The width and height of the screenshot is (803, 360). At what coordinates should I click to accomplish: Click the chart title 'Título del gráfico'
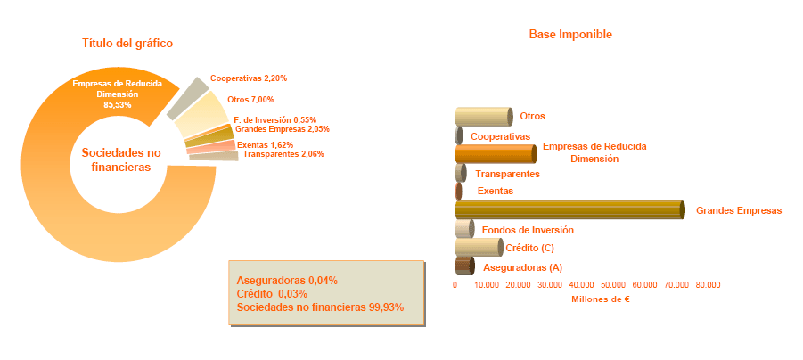tap(127, 43)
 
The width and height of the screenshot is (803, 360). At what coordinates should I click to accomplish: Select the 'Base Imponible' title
tap(570, 35)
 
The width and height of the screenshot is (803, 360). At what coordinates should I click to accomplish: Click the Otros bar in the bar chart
tap(483, 116)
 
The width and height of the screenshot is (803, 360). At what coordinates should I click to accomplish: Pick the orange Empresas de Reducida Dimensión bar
tap(495, 152)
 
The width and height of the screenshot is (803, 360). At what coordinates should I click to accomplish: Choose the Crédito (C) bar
tap(478, 247)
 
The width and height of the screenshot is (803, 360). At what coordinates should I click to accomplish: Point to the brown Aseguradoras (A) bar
tap(463, 266)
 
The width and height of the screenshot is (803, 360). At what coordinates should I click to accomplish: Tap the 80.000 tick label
tap(708, 285)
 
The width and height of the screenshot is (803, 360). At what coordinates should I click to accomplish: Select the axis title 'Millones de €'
tap(600, 299)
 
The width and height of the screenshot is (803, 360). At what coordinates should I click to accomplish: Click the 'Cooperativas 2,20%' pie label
tap(249, 79)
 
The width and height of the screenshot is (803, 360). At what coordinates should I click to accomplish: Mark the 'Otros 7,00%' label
tap(251, 100)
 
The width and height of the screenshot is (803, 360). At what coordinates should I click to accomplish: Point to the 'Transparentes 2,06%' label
tap(283, 154)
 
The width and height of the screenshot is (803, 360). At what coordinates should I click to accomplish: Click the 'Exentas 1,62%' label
tap(266, 144)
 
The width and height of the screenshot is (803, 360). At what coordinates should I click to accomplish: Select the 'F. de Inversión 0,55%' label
tap(274, 119)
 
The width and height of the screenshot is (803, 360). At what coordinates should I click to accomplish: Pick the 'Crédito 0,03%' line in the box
tap(272, 293)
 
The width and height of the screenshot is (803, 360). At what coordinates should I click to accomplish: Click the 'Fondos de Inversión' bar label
tap(527, 230)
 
